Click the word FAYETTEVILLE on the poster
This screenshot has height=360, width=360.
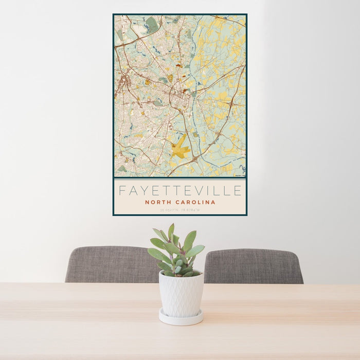tap(179, 191)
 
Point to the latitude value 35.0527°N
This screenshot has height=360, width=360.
tap(169, 210)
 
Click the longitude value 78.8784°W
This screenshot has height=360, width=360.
tap(191, 210)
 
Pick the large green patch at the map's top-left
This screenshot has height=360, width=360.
tap(151, 23)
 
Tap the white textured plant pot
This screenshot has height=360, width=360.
tap(181, 295)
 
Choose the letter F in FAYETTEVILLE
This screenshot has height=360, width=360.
tap(122, 191)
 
